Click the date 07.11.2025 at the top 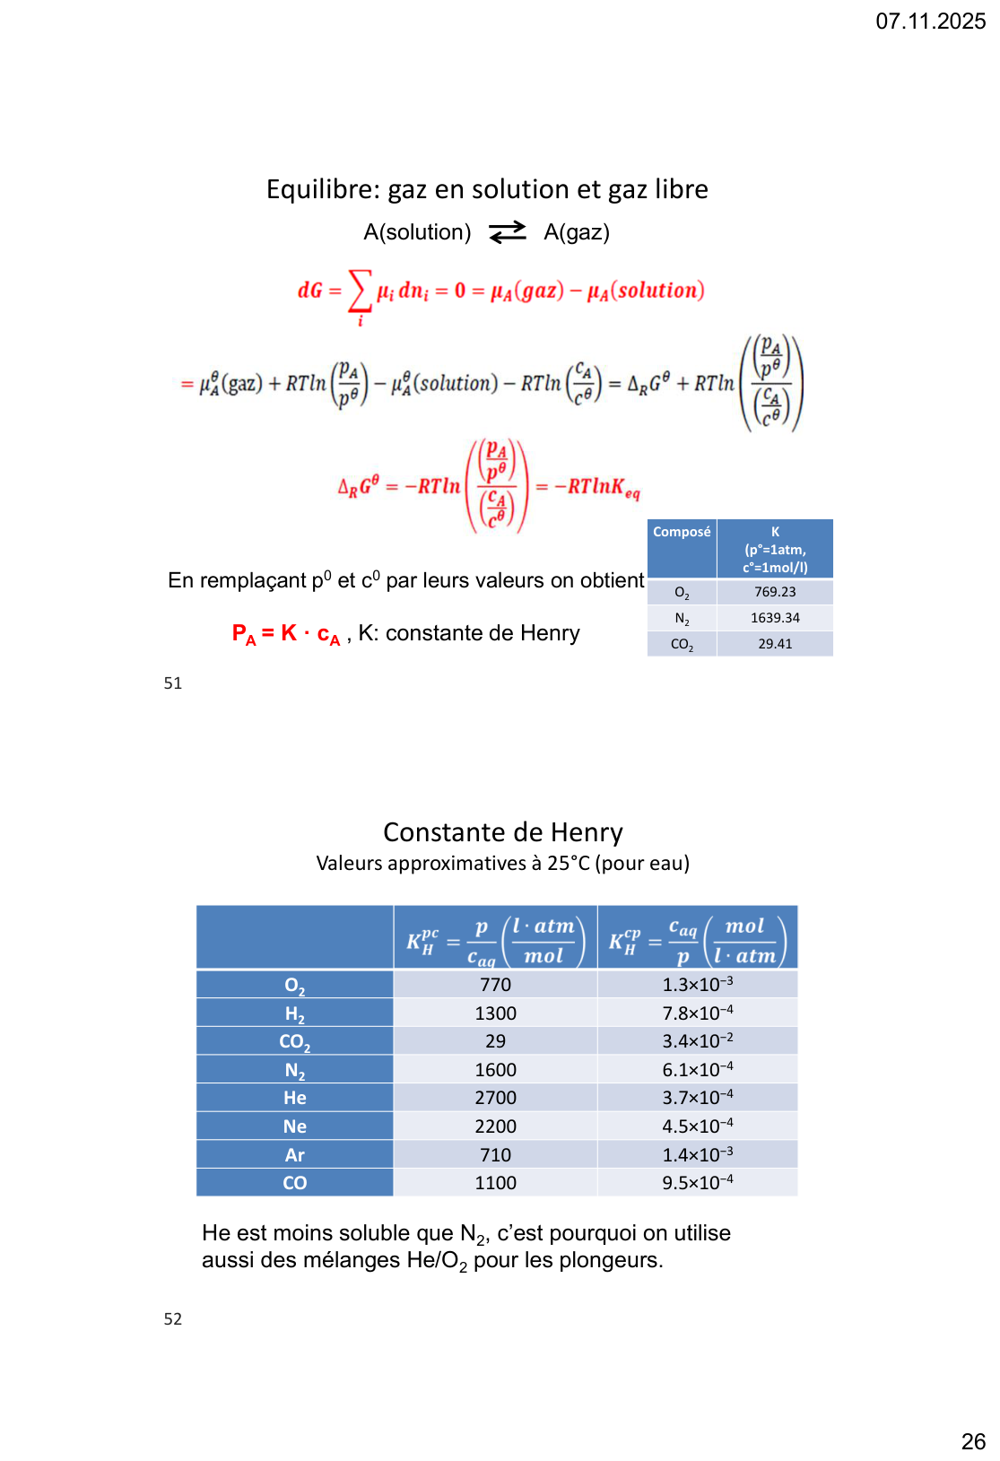point(930,21)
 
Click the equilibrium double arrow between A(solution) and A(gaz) point(508,232)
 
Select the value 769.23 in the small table point(775,592)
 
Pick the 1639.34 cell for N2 point(775,618)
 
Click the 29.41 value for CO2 point(775,644)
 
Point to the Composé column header point(682,532)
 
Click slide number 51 point(173,683)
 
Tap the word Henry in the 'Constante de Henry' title point(587,832)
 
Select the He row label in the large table point(295,1098)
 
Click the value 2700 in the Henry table point(495,1098)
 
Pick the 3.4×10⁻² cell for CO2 point(697,1041)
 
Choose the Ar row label point(295,1155)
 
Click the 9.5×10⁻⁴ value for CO point(697,1183)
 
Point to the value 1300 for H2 point(495,1013)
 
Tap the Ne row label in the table point(295,1126)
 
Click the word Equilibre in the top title point(323,189)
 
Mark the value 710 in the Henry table point(495,1155)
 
